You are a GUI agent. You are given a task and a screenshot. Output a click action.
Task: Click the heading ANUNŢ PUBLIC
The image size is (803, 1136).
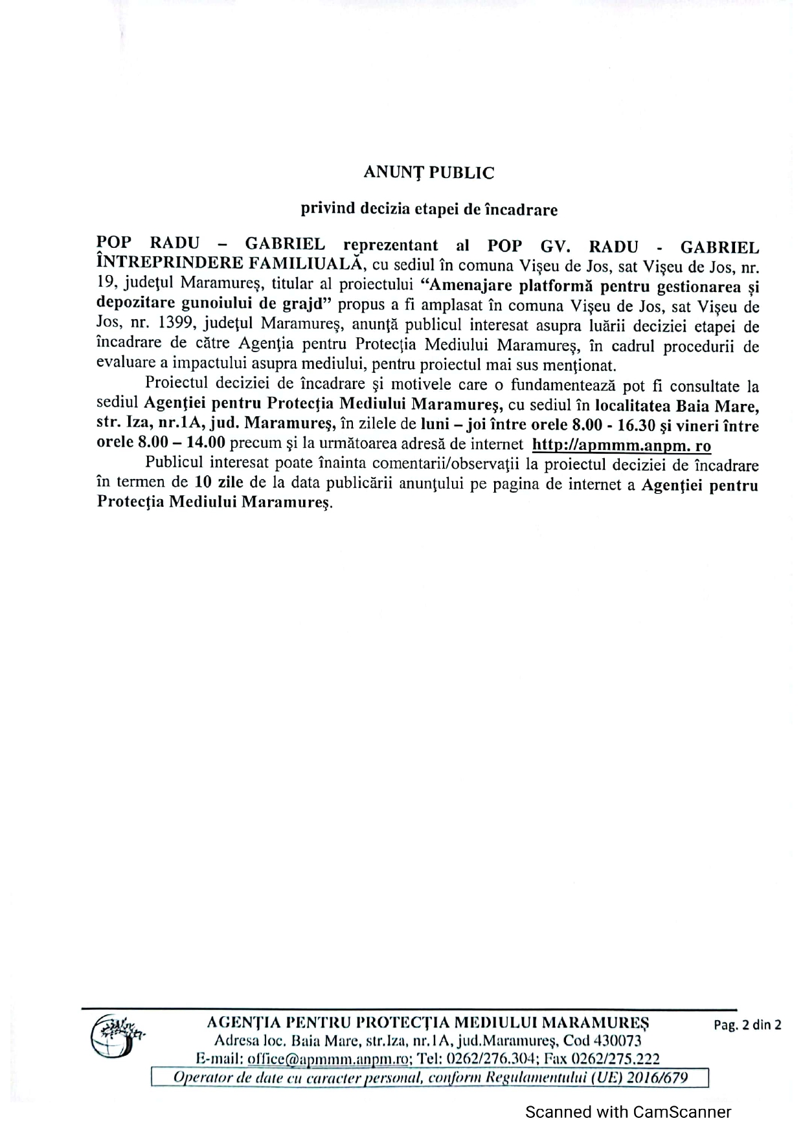point(428,173)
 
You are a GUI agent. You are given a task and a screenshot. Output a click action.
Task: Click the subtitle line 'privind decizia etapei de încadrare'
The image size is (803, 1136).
point(428,209)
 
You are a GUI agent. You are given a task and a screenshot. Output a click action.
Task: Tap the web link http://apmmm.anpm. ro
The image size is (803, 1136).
point(621,445)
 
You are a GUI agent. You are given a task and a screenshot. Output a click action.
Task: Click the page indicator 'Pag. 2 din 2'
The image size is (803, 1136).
point(747,1025)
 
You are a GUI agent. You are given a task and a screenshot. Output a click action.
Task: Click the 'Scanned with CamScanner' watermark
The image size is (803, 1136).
point(628,1112)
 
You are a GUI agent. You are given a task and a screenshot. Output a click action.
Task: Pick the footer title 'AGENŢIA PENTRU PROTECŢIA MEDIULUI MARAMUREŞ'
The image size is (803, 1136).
point(427,1023)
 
